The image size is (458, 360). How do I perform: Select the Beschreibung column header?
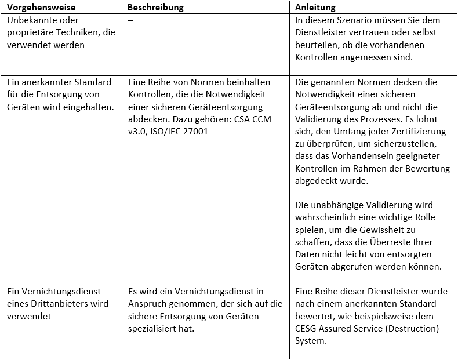point(155,8)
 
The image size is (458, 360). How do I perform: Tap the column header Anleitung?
point(315,8)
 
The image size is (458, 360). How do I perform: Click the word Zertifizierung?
point(420,119)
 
